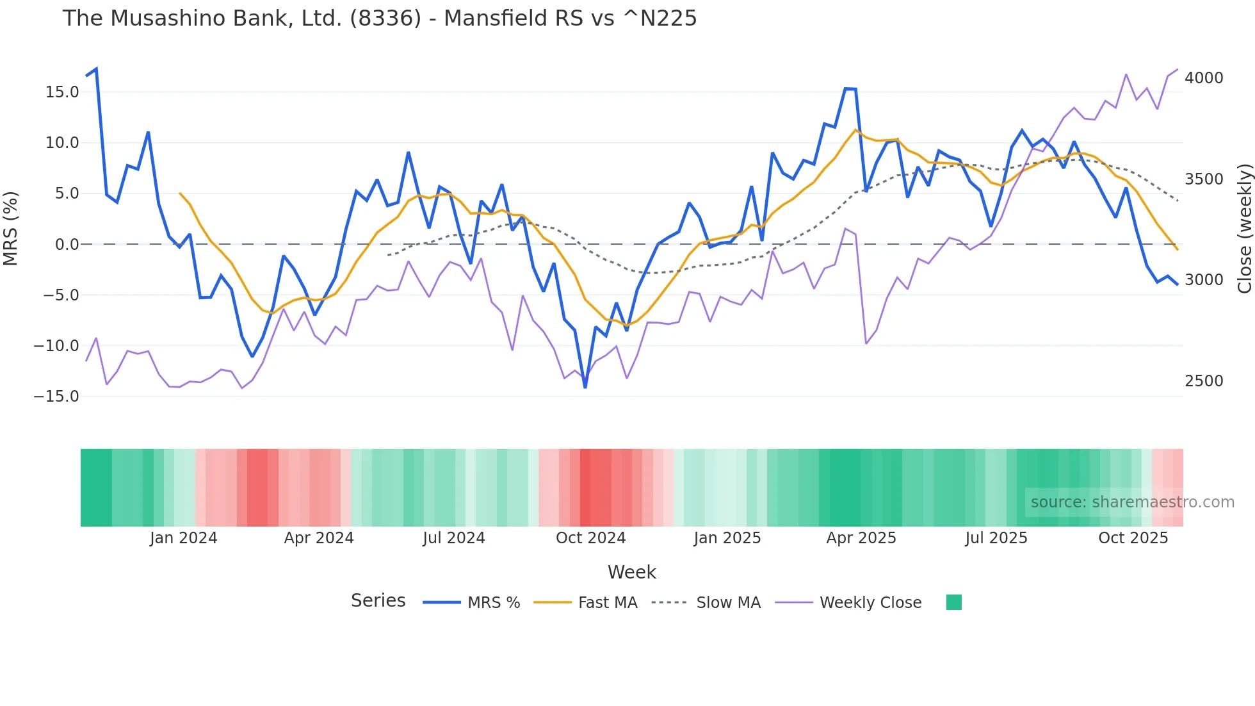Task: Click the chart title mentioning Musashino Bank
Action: point(379,19)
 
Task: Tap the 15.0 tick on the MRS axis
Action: point(62,92)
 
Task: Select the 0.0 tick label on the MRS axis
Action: point(67,245)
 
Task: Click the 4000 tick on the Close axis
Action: point(1204,78)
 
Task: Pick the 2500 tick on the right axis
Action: point(1204,381)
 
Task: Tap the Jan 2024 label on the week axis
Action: point(184,538)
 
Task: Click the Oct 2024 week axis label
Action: point(590,538)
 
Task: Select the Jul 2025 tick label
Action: point(996,538)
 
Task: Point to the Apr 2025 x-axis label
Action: point(861,538)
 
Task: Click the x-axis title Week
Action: point(631,572)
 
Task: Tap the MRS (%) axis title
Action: point(11,229)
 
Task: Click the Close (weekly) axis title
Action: point(1244,229)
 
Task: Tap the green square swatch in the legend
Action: point(953,602)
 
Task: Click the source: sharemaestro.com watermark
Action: point(1132,502)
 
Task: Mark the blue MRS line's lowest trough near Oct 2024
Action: point(585,387)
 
